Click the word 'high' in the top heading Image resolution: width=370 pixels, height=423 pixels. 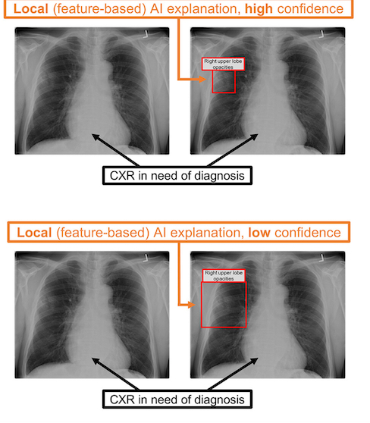(x=259, y=9)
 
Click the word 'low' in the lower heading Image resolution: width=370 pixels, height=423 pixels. (x=259, y=233)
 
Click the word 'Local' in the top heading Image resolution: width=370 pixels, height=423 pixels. (x=31, y=9)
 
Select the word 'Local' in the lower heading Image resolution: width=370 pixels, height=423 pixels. (x=34, y=233)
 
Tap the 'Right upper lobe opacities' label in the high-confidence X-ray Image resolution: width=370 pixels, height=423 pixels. (x=223, y=64)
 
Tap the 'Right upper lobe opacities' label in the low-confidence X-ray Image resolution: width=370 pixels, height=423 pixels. (x=224, y=276)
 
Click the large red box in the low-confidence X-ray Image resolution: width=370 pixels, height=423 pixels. (x=202, y=305)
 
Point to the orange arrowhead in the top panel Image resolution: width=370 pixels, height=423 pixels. (x=202, y=80)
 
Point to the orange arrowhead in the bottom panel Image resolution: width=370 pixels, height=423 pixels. (x=191, y=305)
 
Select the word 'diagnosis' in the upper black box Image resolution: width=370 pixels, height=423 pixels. (x=219, y=176)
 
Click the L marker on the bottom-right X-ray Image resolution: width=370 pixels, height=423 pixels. (x=321, y=258)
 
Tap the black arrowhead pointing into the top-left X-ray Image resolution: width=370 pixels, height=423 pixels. (x=96, y=136)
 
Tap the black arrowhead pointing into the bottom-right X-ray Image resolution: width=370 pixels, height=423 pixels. (x=255, y=361)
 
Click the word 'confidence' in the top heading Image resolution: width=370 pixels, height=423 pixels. (x=310, y=9)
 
